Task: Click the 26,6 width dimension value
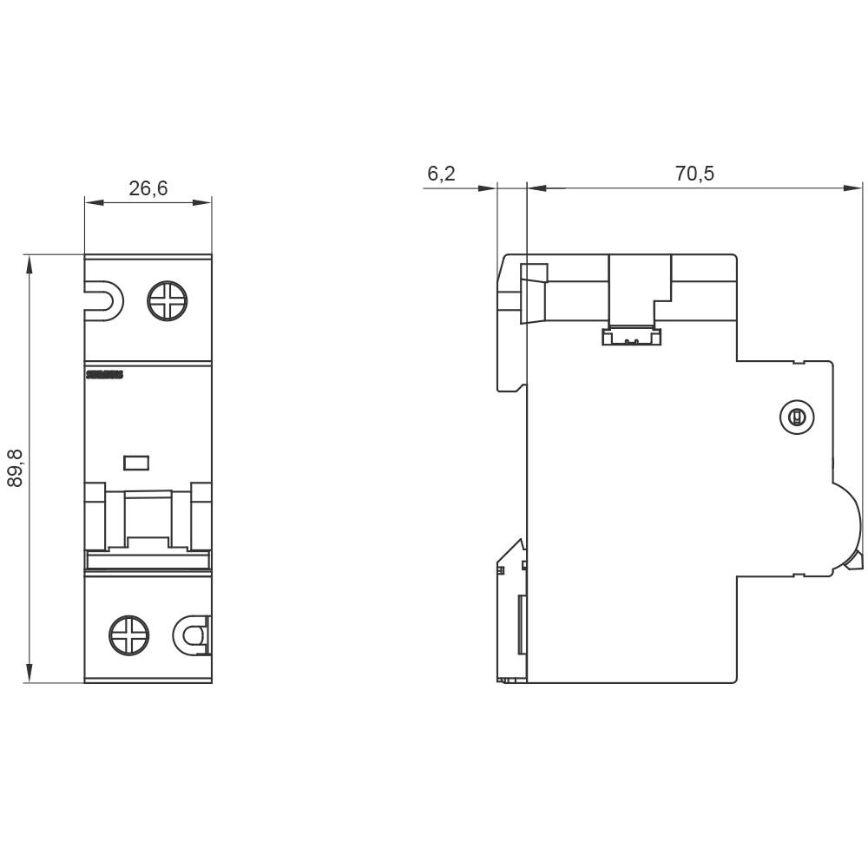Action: tap(148, 188)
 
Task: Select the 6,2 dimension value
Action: tap(441, 174)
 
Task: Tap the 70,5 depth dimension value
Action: tap(694, 174)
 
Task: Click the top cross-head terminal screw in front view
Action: tap(167, 301)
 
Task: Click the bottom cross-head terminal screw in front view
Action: tap(129, 635)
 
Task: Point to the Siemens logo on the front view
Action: tap(104, 375)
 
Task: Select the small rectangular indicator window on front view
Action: tap(136, 463)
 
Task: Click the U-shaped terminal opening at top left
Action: tap(103, 301)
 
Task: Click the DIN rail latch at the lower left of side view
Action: tap(512, 608)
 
